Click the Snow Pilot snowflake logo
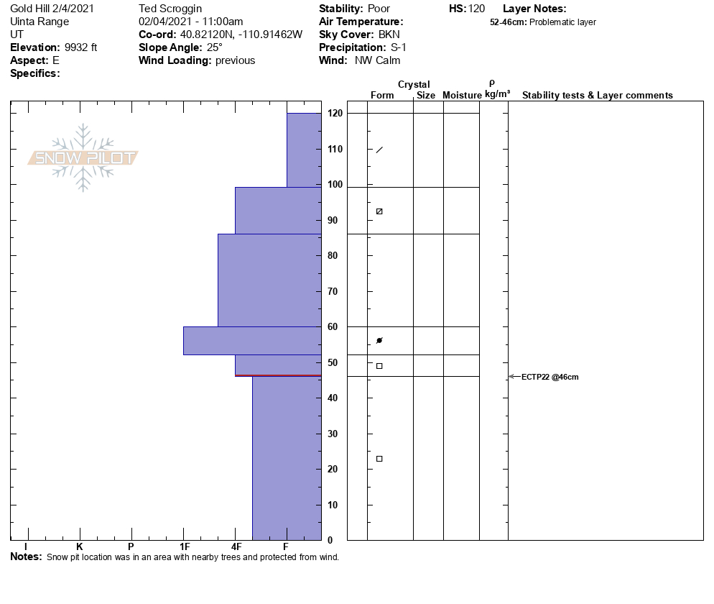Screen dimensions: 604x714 pyautogui.click(x=83, y=157)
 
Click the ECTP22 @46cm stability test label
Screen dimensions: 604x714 pyautogui.click(x=550, y=377)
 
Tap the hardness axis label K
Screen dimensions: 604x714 pyautogui.click(x=79, y=547)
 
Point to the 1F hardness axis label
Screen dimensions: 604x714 pyautogui.click(x=184, y=547)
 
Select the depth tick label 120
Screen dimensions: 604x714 pyautogui.click(x=334, y=114)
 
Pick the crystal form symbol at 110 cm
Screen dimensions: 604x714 pyautogui.click(x=379, y=150)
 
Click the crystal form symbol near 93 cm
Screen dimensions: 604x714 pyautogui.click(x=379, y=211)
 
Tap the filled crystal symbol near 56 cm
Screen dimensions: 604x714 pyautogui.click(x=379, y=340)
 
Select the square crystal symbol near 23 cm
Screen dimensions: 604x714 pyautogui.click(x=379, y=459)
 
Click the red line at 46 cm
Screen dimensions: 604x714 pyautogui.click(x=278, y=375)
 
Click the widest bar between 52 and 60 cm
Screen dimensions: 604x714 pyautogui.click(x=252, y=341)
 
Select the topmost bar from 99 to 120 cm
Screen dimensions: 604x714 pyautogui.click(x=304, y=150)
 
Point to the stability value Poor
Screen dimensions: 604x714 pyautogui.click(x=379, y=9)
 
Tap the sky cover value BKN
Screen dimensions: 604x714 pyautogui.click(x=391, y=35)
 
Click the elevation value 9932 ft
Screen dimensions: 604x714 pyautogui.click(x=80, y=47)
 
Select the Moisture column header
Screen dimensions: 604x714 pyautogui.click(x=461, y=95)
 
